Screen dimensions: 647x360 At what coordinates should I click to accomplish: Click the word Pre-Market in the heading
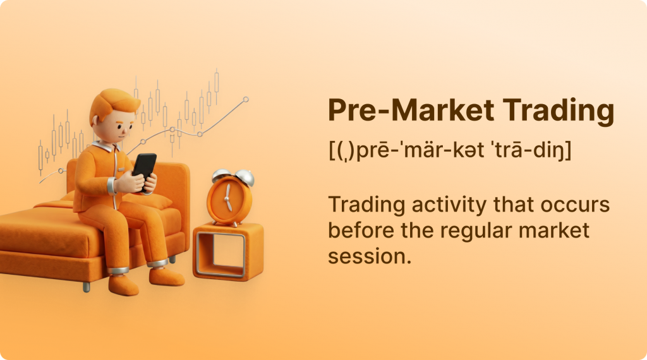click(x=411, y=110)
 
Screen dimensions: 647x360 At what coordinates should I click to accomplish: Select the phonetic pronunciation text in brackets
click(x=450, y=150)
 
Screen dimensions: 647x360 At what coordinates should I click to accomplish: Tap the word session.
click(x=369, y=256)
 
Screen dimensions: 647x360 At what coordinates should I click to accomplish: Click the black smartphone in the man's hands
click(x=145, y=171)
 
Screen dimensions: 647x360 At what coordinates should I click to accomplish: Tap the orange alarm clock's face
click(x=228, y=198)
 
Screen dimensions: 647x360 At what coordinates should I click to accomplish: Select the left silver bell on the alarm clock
click(x=221, y=175)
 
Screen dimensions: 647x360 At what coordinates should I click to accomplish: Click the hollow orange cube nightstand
click(x=228, y=252)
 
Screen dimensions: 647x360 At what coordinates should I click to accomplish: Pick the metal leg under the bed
click(x=86, y=287)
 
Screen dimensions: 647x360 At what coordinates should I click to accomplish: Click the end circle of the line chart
click(x=246, y=99)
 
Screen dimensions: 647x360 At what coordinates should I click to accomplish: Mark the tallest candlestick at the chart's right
click(x=217, y=85)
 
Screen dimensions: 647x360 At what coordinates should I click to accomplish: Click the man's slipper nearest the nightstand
click(x=166, y=276)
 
